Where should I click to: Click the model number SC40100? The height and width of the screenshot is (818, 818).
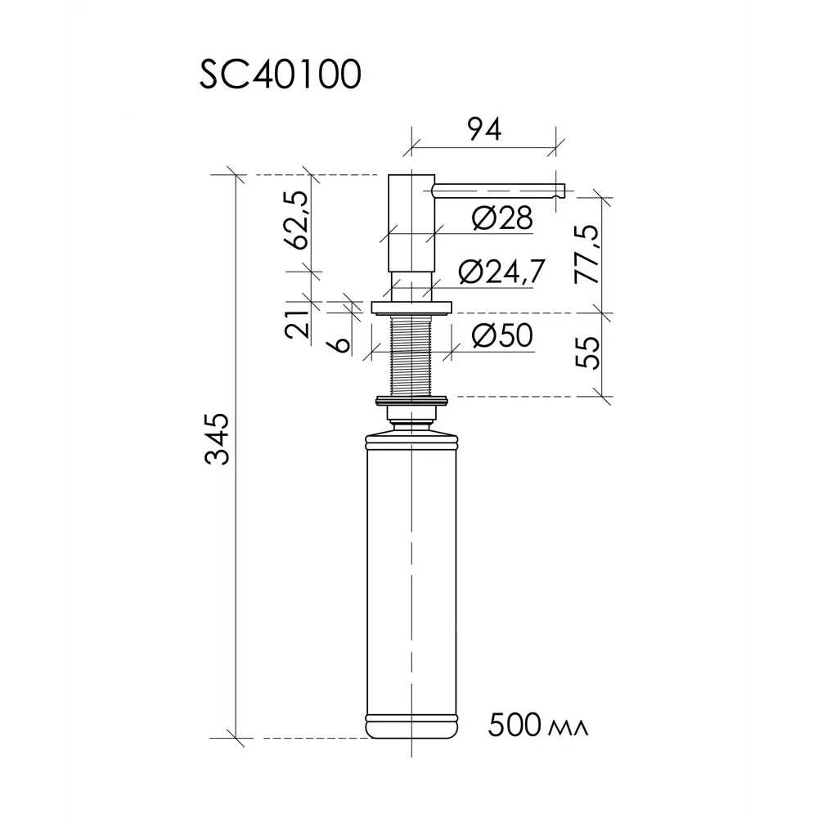(x=279, y=76)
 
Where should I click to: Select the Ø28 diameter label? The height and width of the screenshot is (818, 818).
(x=501, y=218)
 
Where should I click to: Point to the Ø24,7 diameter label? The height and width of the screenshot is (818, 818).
(x=501, y=272)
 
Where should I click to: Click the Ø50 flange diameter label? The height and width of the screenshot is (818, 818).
(x=501, y=335)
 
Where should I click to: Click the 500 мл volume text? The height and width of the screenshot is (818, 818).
(x=538, y=725)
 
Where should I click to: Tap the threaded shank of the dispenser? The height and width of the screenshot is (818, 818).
(x=411, y=355)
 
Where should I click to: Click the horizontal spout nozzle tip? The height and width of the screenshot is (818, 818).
(x=559, y=191)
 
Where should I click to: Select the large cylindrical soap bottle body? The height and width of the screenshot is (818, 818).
(x=411, y=573)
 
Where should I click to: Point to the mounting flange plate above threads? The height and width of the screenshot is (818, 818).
(x=411, y=308)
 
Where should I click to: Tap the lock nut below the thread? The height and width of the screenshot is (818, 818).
(x=411, y=401)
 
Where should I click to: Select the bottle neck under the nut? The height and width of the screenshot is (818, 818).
(x=411, y=421)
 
